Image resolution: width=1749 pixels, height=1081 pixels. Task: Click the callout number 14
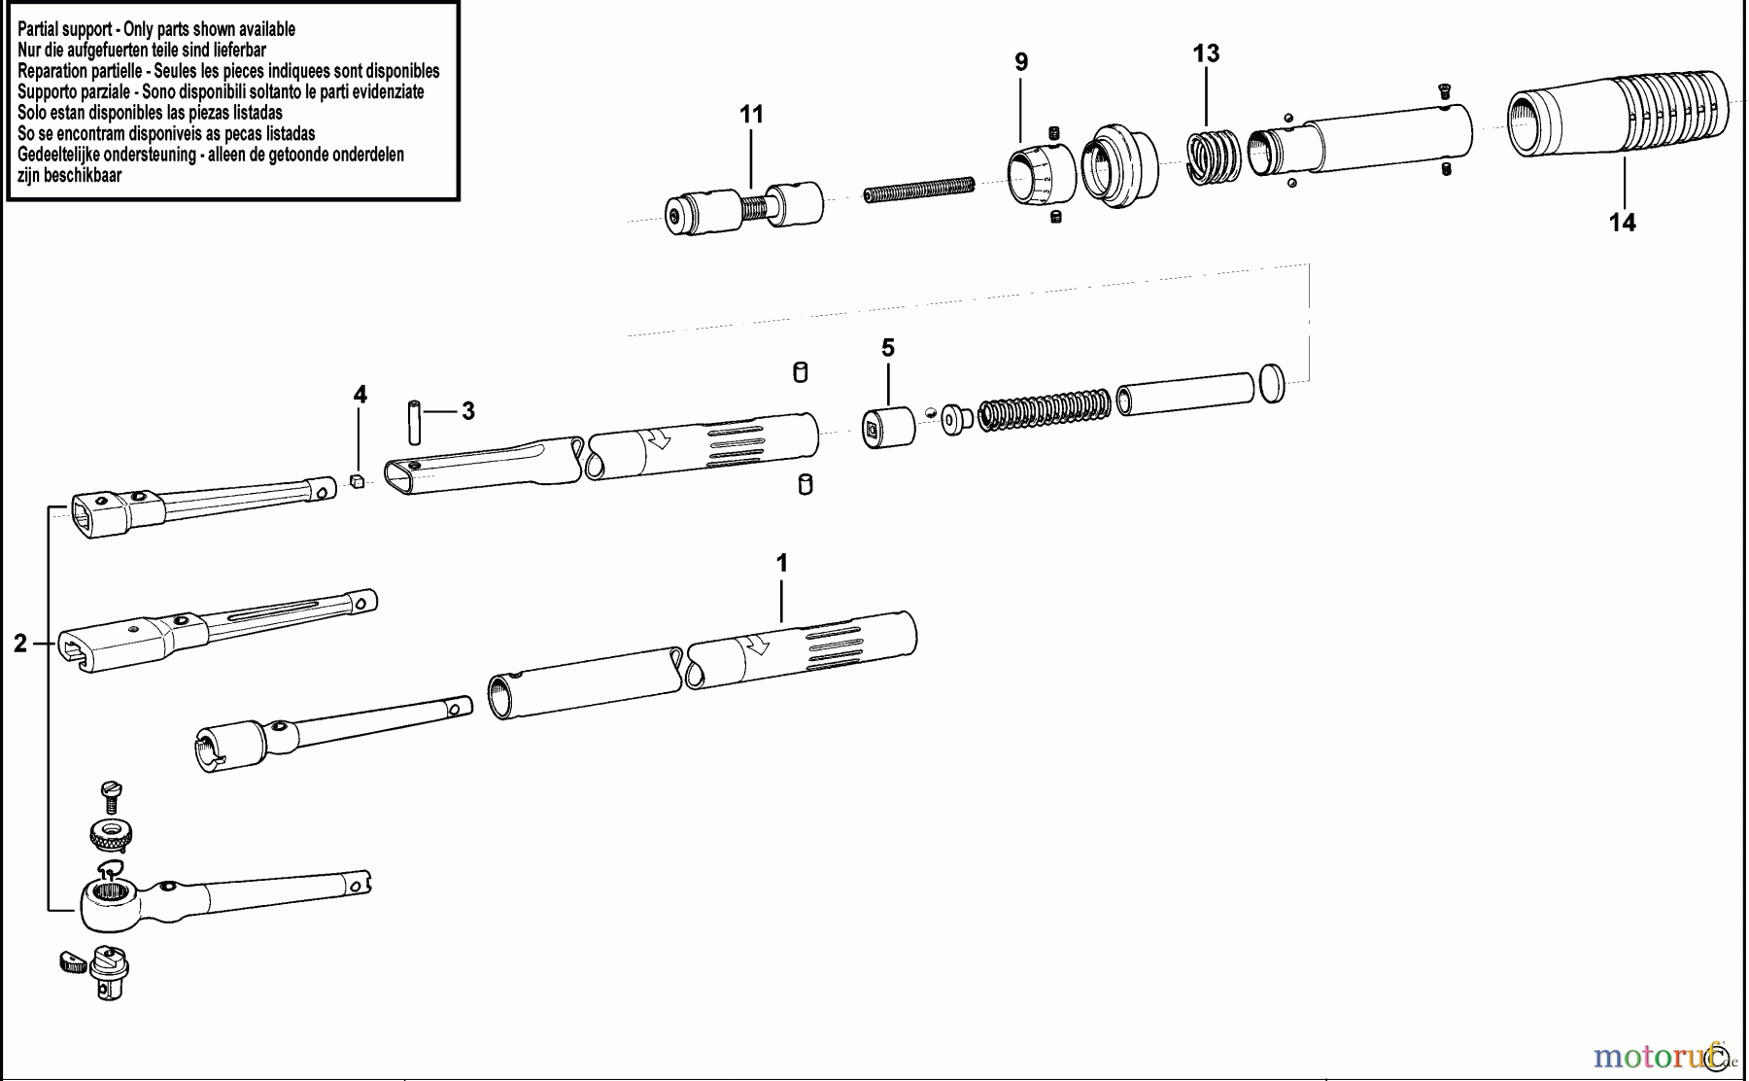click(x=1622, y=223)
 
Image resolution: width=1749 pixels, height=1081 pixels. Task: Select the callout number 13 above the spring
click(x=1206, y=53)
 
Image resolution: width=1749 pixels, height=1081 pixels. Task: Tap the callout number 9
click(x=1021, y=62)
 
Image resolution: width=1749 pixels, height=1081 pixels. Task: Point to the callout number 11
click(x=751, y=115)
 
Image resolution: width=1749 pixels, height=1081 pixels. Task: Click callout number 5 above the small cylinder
click(x=887, y=348)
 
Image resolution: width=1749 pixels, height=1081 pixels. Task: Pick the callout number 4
click(x=360, y=395)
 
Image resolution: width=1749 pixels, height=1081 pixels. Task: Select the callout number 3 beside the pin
click(x=467, y=411)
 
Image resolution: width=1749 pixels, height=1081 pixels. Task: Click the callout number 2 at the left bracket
click(x=19, y=644)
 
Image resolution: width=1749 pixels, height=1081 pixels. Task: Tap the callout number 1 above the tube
click(x=781, y=563)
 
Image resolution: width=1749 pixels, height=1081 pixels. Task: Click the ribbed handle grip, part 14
click(x=1619, y=114)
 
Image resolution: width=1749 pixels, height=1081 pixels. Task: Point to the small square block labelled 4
click(x=357, y=480)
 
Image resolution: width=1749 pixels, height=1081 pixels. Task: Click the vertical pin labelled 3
click(x=414, y=421)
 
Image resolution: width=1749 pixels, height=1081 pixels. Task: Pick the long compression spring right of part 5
click(x=1045, y=410)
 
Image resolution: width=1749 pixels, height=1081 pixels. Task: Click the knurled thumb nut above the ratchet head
click(x=111, y=834)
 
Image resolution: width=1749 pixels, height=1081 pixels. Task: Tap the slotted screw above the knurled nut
click(x=111, y=796)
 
